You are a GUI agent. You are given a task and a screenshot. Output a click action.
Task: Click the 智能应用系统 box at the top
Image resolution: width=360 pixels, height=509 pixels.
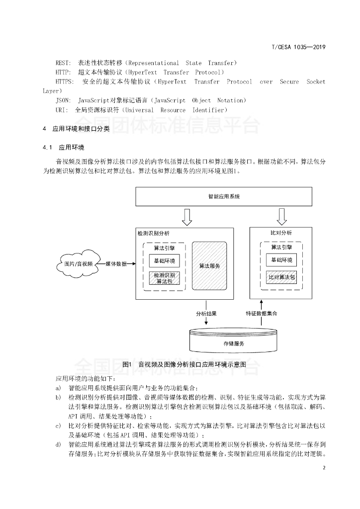click(x=224, y=196)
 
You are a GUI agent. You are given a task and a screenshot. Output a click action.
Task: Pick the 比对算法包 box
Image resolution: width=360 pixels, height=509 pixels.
click(x=281, y=277)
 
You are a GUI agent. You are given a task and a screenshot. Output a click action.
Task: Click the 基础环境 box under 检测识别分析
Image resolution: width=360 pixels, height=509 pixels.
click(x=164, y=260)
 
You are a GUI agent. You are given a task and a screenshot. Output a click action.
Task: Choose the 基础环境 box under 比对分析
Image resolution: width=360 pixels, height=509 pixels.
click(x=281, y=260)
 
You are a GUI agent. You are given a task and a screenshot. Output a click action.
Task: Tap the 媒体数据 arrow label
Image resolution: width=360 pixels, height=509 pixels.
click(x=116, y=263)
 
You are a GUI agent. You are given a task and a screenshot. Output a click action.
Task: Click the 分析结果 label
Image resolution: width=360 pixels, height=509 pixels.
click(x=206, y=314)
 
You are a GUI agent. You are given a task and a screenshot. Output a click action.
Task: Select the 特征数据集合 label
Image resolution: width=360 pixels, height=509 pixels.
click(x=261, y=314)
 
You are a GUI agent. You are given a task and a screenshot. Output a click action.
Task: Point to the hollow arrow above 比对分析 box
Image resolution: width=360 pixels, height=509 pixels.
click(x=282, y=216)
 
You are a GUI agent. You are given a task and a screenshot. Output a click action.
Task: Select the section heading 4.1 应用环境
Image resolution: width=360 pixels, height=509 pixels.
click(x=64, y=148)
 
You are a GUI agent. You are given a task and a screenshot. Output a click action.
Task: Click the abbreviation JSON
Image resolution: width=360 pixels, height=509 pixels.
click(x=64, y=100)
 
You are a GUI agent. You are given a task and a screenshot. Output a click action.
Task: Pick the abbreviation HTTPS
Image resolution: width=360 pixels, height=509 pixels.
click(x=65, y=82)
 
